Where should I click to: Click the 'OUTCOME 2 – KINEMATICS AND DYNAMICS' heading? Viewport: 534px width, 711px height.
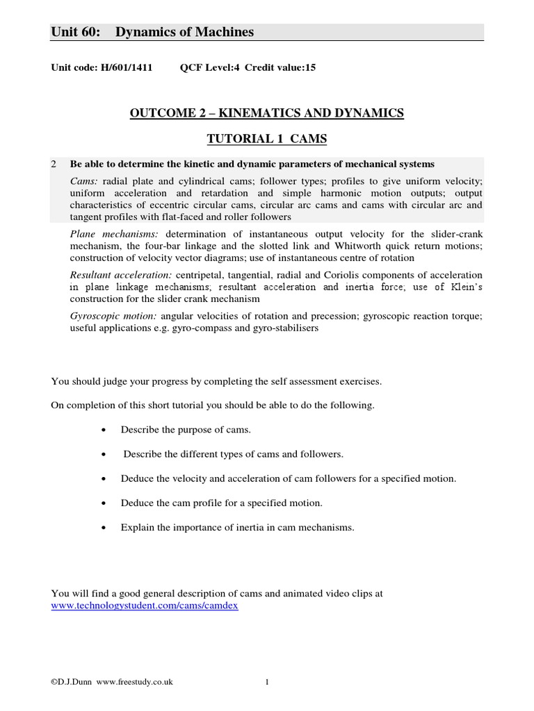pyautogui.click(x=266, y=113)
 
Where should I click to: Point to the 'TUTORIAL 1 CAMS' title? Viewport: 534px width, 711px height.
pyautogui.click(x=266, y=139)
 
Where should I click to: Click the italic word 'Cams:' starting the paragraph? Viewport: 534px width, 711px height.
pyautogui.click(x=83, y=181)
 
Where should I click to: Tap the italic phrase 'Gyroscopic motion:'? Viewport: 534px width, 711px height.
pyautogui.click(x=109, y=316)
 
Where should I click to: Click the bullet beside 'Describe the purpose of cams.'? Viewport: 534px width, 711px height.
pyautogui.click(x=104, y=430)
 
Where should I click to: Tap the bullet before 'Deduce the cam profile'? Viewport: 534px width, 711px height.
pyautogui.click(x=104, y=503)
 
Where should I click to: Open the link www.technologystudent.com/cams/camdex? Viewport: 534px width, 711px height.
pyautogui.click(x=145, y=605)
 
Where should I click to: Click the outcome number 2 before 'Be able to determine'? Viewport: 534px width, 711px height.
pyautogui.click(x=54, y=164)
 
